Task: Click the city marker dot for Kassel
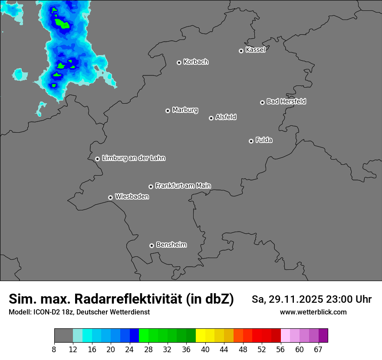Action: [x=241, y=51]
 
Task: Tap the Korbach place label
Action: [x=196, y=62]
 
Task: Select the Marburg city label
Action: [x=185, y=110]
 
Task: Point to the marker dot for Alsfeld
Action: [x=211, y=118]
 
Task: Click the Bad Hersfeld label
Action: [x=286, y=101]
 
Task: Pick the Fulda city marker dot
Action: [x=251, y=141]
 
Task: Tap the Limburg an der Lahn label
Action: [x=133, y=158]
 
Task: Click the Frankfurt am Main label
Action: [x=183, y=186]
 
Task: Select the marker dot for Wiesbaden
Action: [x=110, y=197]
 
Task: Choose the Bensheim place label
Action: [x=171, y=245]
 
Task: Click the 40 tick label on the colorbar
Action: [x=205, y=350]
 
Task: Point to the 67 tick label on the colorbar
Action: [x=318, y=350]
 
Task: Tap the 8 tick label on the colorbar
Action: [x=54, y=350]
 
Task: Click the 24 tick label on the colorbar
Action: [x=130, y=350]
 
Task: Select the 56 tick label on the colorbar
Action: [x=280, y=350]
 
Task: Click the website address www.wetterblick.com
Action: [x=313, y=312]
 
